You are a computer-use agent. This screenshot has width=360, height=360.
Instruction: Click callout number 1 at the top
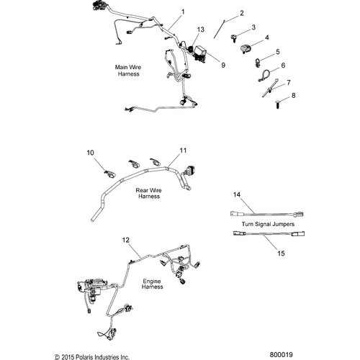coord(182,12)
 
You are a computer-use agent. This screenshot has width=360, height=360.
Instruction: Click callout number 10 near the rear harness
coord(110,153)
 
